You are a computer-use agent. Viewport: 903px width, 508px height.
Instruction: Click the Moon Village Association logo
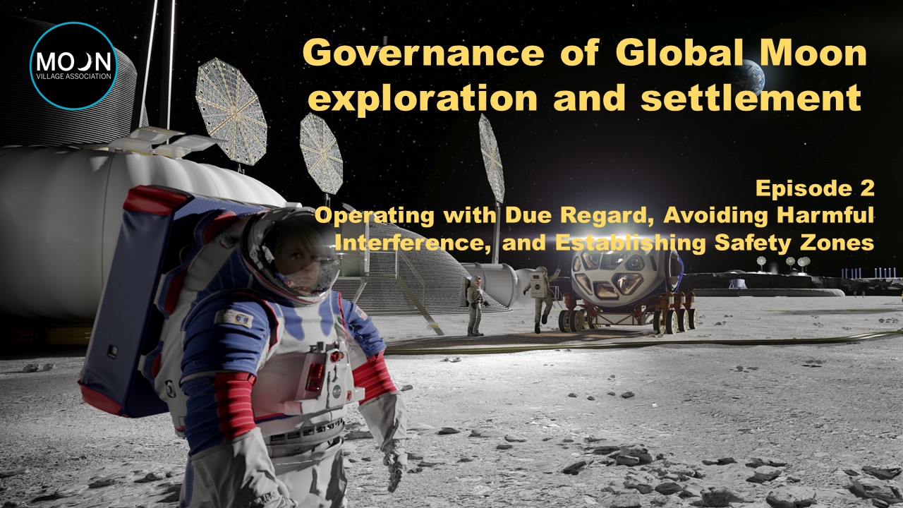[x=73, y=66]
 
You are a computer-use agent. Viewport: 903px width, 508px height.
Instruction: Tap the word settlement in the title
[x=751, y=97]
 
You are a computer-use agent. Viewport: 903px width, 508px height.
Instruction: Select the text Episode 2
[x=815, y=188]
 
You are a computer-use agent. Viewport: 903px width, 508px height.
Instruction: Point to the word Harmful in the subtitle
[x=825, y=215]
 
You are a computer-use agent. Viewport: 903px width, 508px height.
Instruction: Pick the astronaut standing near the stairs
[x=475, y=306]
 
